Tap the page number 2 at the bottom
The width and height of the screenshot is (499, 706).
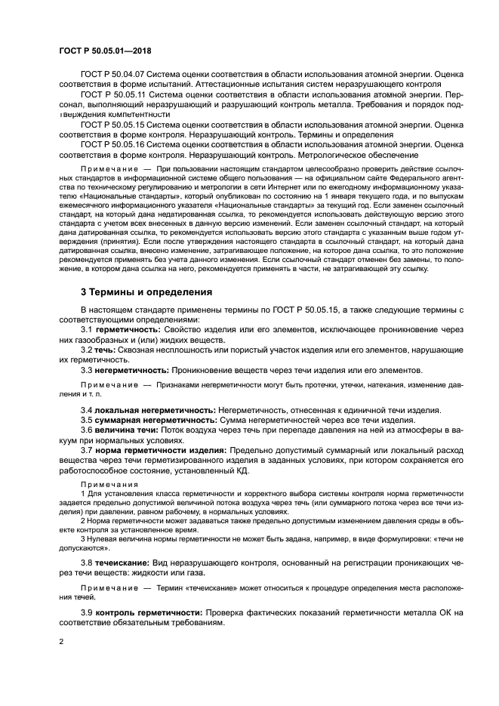coord(61,642)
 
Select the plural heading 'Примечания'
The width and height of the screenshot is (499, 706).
coord(103,483)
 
